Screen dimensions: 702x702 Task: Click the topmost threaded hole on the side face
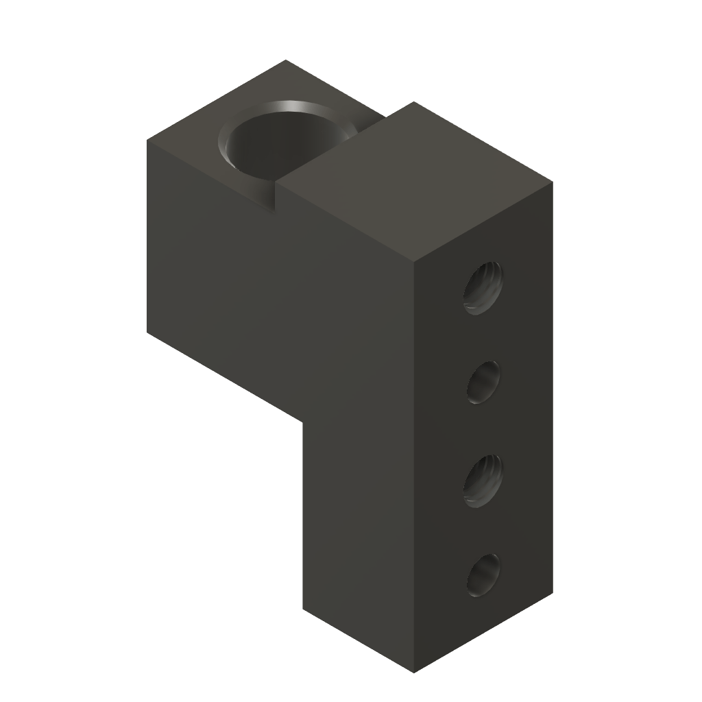(x=484, y=287)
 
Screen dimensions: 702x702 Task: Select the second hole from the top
(x=485, y=382)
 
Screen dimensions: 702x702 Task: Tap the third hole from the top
(x=484, y=480)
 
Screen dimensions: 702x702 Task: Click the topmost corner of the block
(x=286, y=61)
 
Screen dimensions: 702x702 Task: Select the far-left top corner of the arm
(x=148, y=140)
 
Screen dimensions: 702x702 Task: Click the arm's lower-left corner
(x=148, y=335)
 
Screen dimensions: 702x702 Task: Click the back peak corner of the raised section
(x=413, y=102)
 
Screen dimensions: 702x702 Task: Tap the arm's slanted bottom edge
(x=226, y=378)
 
